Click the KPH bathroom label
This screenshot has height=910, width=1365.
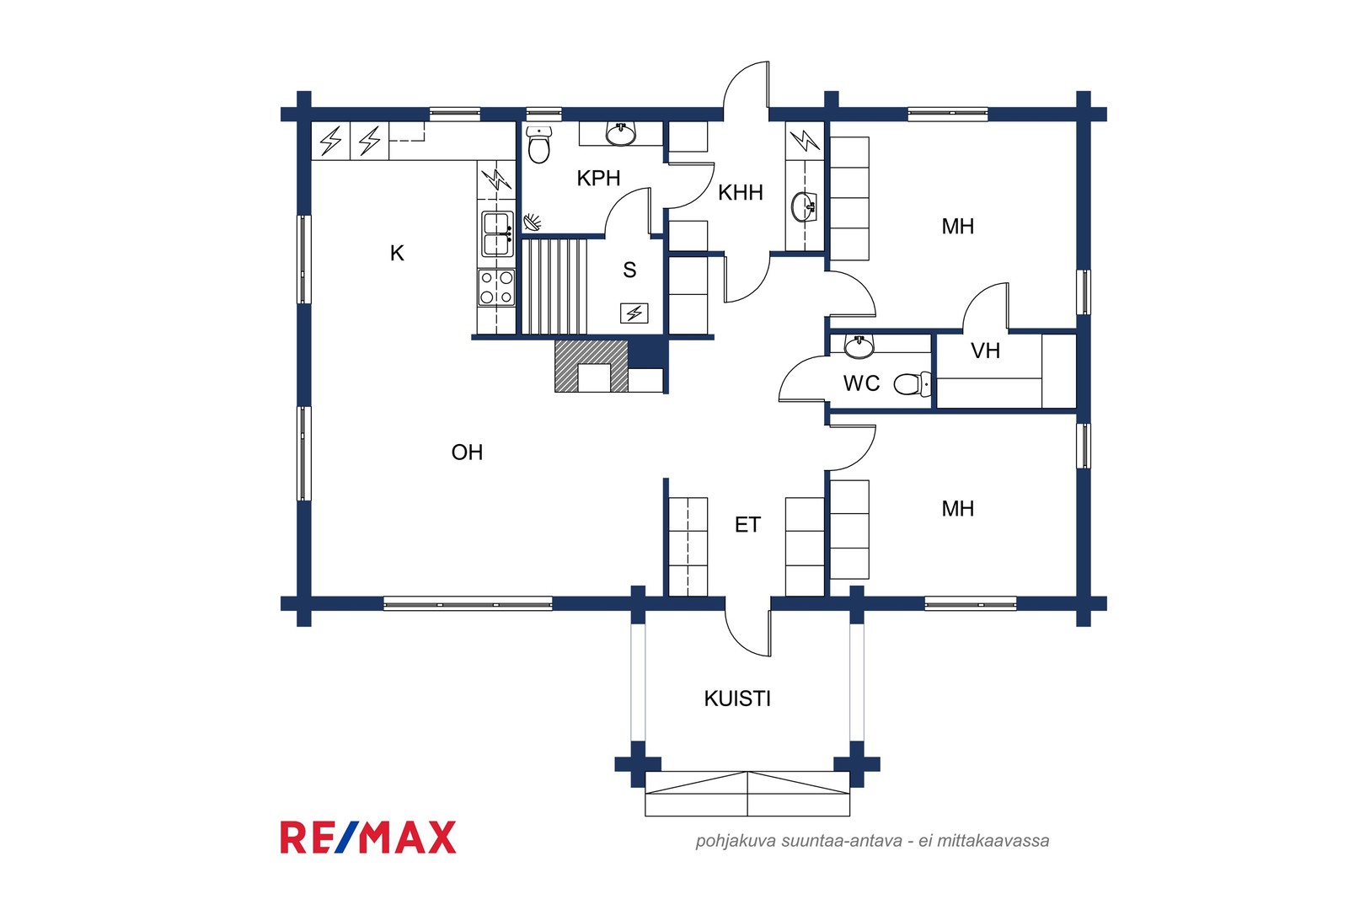[598, 178]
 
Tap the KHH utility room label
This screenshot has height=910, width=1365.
[741, 193]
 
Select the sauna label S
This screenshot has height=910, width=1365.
[629, 270]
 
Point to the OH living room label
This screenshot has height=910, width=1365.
[467, 452]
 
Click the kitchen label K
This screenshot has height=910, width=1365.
[397, 253]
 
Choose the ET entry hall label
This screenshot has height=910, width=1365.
[747, 525]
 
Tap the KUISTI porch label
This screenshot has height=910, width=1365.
[737, 699]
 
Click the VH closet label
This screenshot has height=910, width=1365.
[985, 351]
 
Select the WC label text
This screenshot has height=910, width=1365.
[861, 383]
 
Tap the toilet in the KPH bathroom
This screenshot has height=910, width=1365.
[538, 144]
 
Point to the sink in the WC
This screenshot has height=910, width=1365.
[859, 345]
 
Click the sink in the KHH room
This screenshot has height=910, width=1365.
[804, 207]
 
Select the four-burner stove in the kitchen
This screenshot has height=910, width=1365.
[496, 287]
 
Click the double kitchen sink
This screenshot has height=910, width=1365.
[497, 234]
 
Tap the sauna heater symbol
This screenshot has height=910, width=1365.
[634, 313]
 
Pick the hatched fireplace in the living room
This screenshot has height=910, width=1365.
[591, 366]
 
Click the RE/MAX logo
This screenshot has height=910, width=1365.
[368, 838]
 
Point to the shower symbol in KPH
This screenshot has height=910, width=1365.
[532, 222]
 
